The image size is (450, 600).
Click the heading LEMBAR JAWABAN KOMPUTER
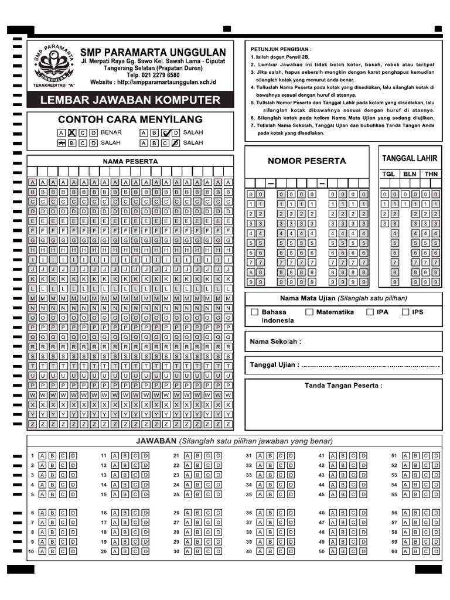[130, 100]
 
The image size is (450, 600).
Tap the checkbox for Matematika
[309, 312]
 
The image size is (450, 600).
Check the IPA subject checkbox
[370, 312]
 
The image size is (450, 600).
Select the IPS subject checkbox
[405, 312]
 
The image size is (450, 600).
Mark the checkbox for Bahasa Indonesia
[254, 312]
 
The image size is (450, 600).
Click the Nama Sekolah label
[275, 342]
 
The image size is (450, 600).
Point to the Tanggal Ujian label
[274, 364]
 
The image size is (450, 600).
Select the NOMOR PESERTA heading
[306, 161]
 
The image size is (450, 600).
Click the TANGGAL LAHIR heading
[410, 159]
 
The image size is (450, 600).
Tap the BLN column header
[410, 174]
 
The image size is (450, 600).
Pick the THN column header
[431, 174]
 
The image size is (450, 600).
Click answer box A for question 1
[42, 455]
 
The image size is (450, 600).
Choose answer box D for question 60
[435, 551]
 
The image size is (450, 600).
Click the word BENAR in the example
[111, 132]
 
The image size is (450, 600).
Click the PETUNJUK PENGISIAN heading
[281, 49]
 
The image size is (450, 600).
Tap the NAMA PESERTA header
[130, 161]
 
